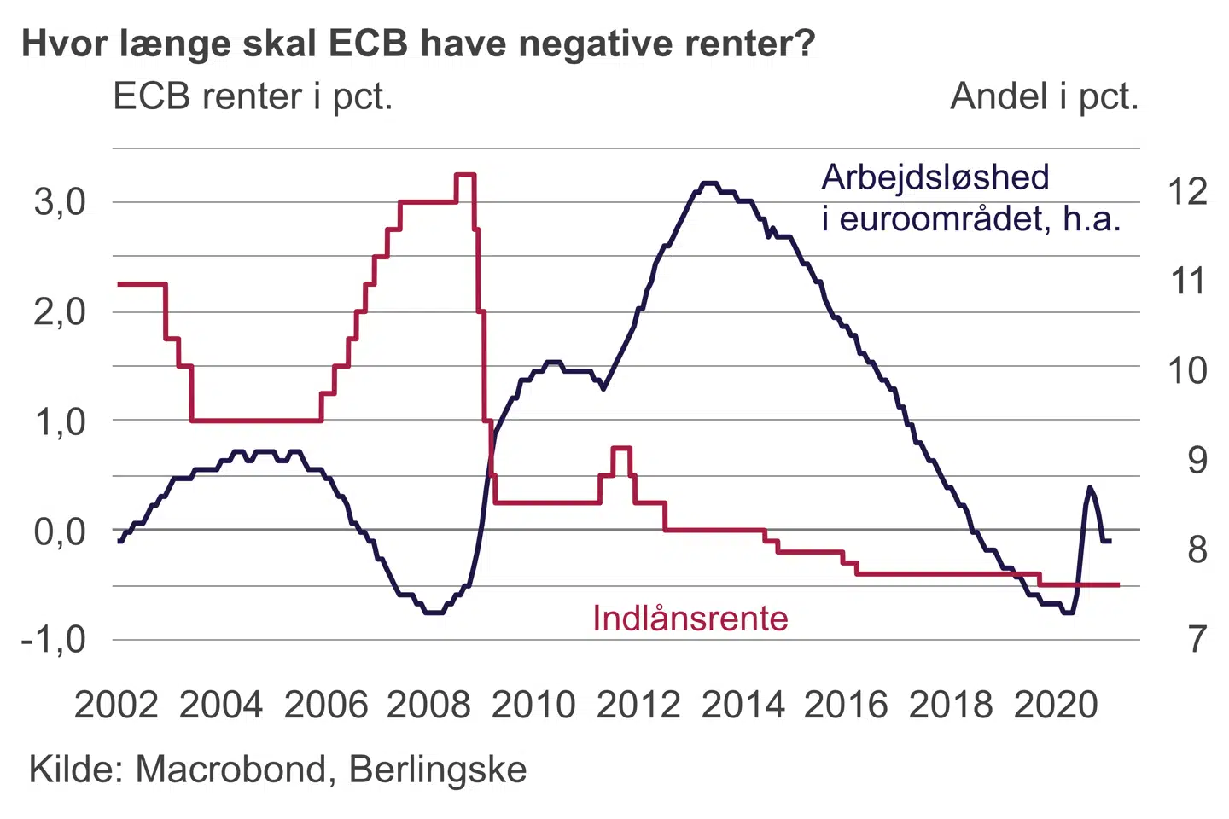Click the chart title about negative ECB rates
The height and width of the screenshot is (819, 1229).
pyautogui.click(x=418, y=43)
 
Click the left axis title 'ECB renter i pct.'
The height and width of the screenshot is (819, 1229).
pyautogui.click(x=253, y=96)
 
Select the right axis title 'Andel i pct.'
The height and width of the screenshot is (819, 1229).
pyautogui.click(x=1044, y=96)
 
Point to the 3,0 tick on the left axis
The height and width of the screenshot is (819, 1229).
pyautogui.click(x=60, y=203)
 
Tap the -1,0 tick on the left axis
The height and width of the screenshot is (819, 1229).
pyautogui.click(x=54, y=639)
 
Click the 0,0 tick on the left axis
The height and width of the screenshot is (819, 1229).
pyautogui.click(x=60, y=531)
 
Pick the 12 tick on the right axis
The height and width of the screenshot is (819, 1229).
pyautogui.click(x=1187, y=192)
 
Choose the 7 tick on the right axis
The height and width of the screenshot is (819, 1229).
pyautogui.click(x=1197, y=639)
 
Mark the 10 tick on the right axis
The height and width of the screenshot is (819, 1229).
pyautogui.click(x=1187, y=371)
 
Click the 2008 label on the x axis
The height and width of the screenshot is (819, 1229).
pyautogui.click(x=428, y=706)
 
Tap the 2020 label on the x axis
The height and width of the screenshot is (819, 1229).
pyautogui.click(x=1056, y=706)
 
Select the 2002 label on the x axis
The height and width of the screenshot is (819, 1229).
pyautogui.click(x=116, y=706)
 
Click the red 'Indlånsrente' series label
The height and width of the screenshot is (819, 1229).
pyautogui.click(x=690, y=619)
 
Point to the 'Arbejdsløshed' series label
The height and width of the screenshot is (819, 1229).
pyautogui.click(x=935, y=177)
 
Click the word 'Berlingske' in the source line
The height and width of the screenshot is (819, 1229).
pyautogui.click(x=438, y=770)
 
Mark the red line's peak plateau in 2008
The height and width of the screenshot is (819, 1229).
pyautogui.click(x=465, y=175)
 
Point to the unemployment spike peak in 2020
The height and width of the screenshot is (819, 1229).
pyautogui.click(x=1090, y=487)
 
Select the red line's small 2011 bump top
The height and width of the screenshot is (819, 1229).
pyautogui.click(x=621, y=448)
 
